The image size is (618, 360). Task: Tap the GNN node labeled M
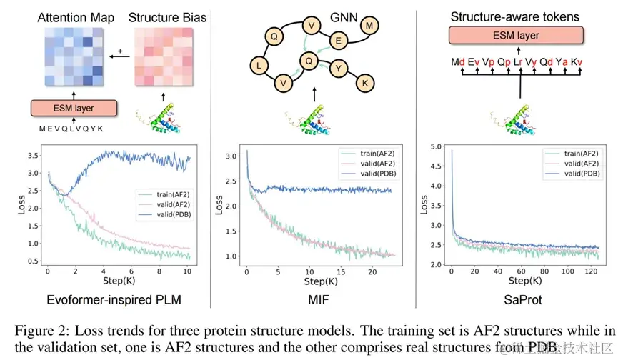369,26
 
